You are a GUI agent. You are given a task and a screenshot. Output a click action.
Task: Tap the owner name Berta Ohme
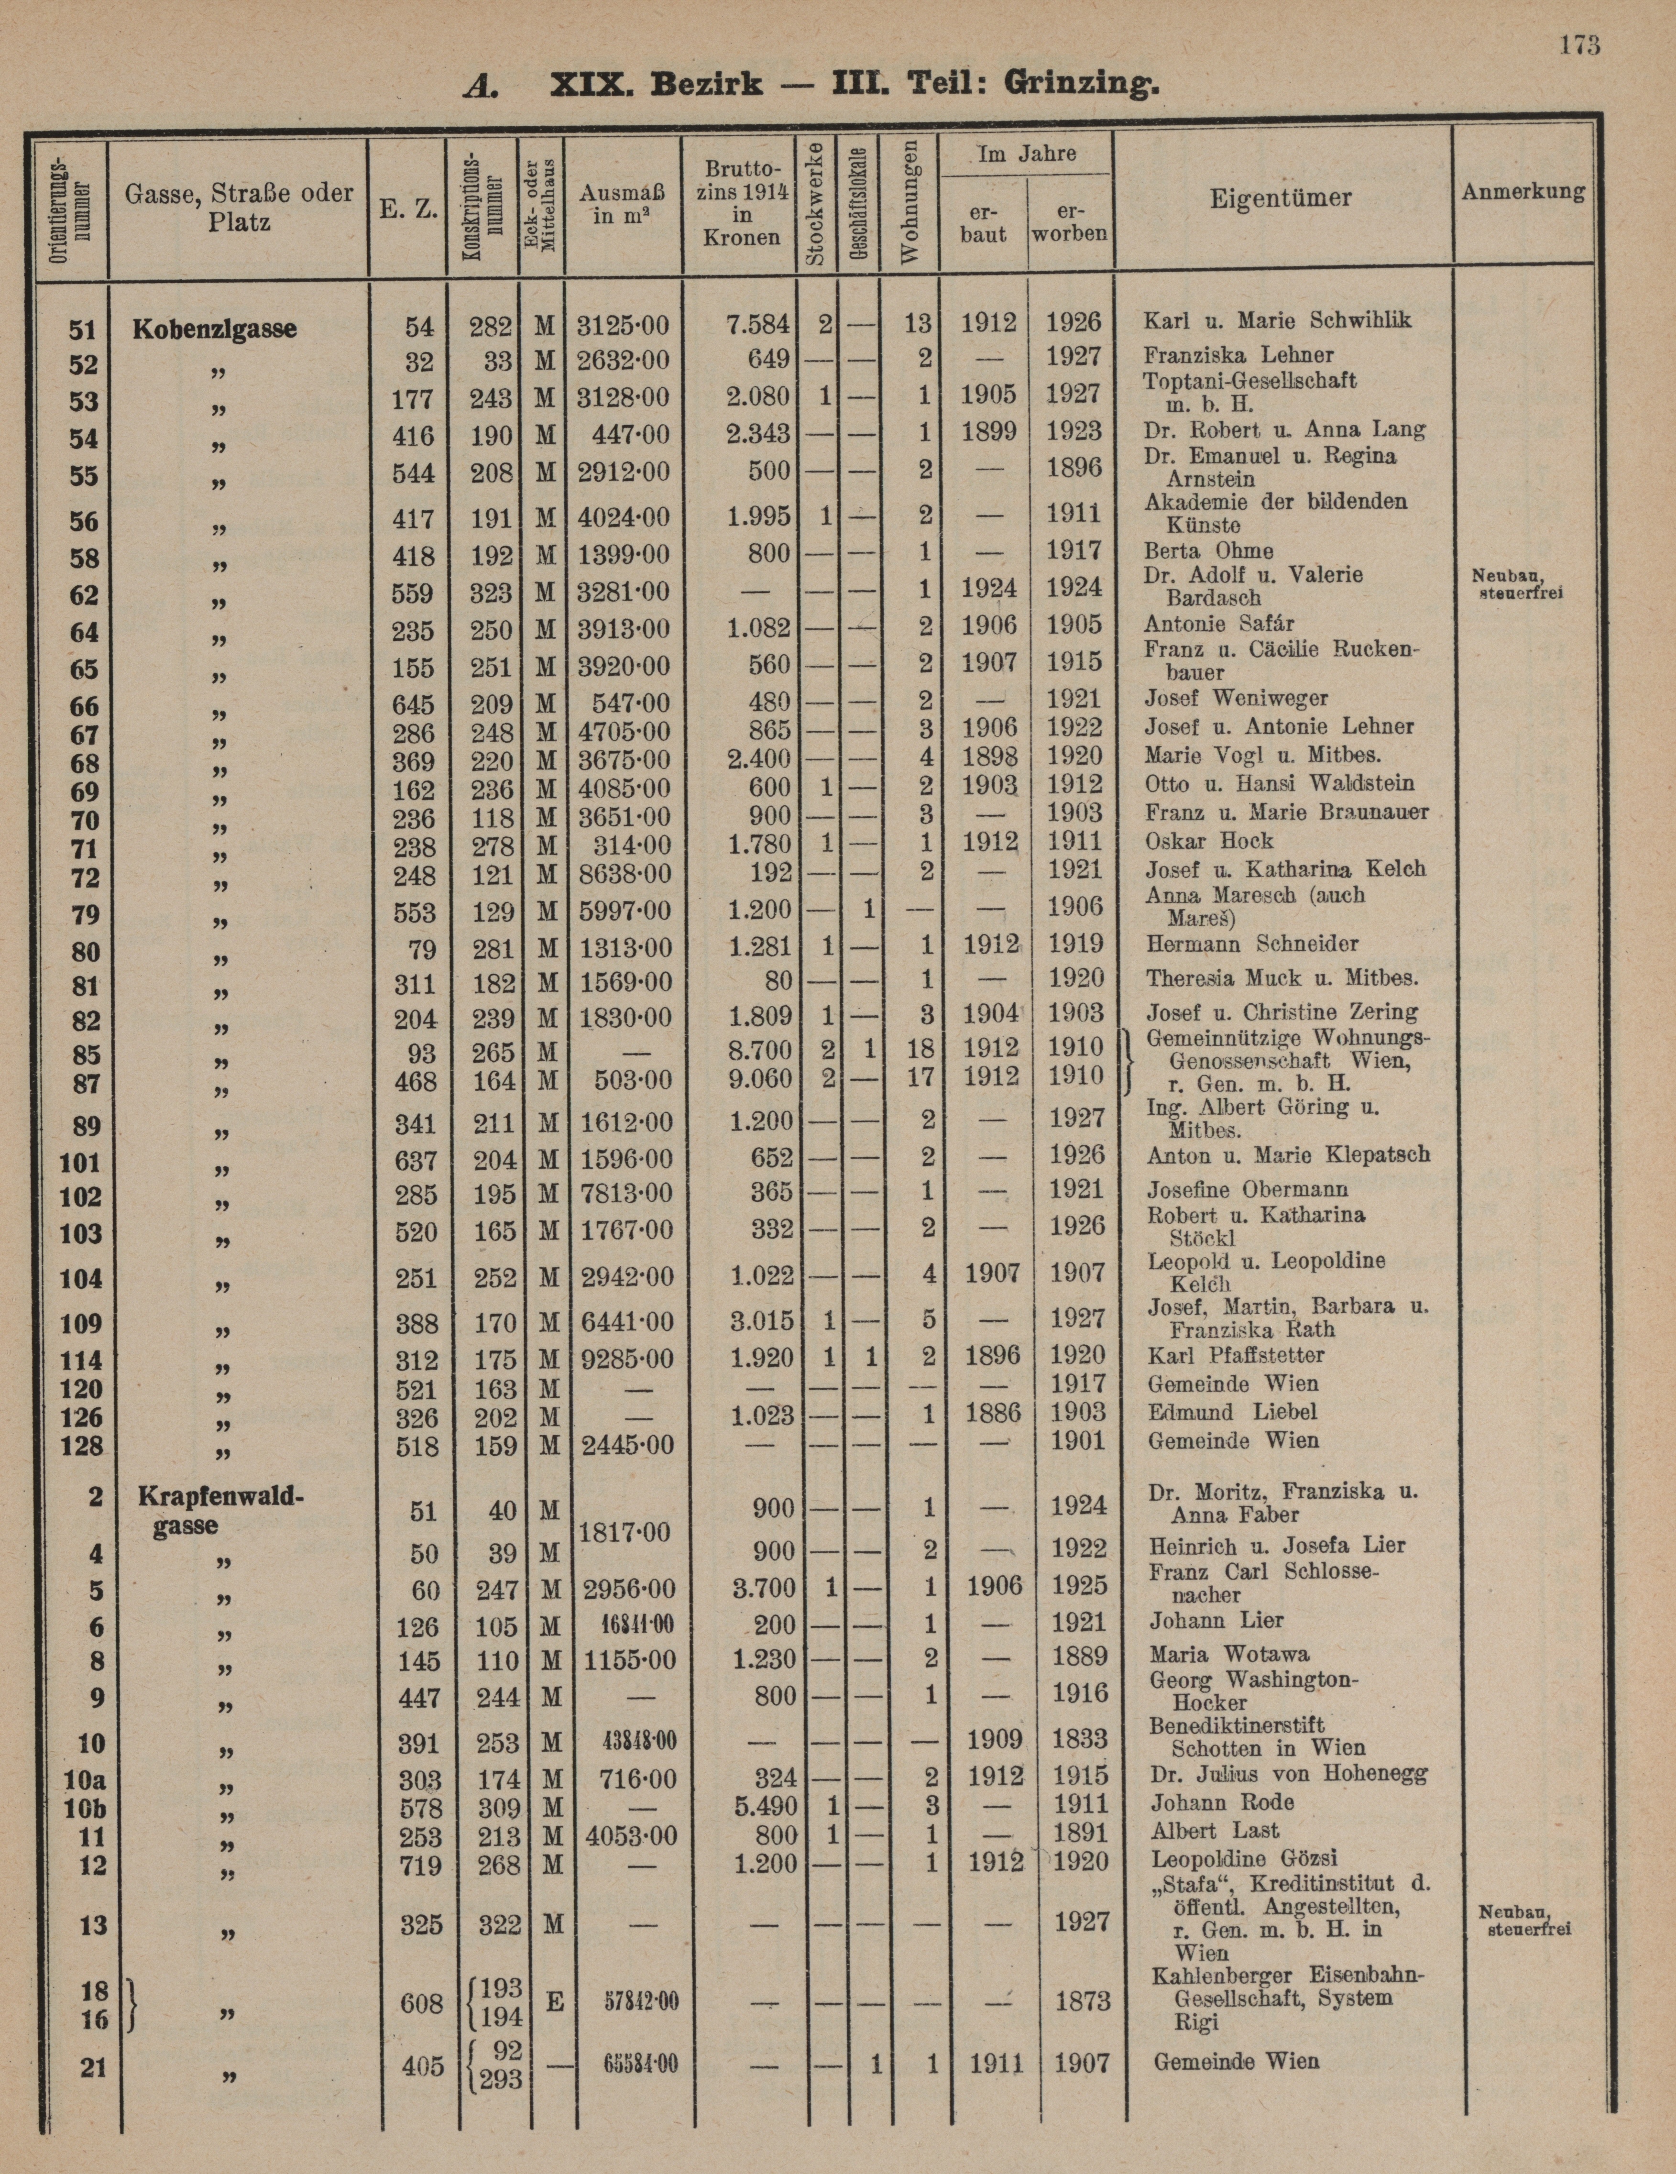coord(1208,550)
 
